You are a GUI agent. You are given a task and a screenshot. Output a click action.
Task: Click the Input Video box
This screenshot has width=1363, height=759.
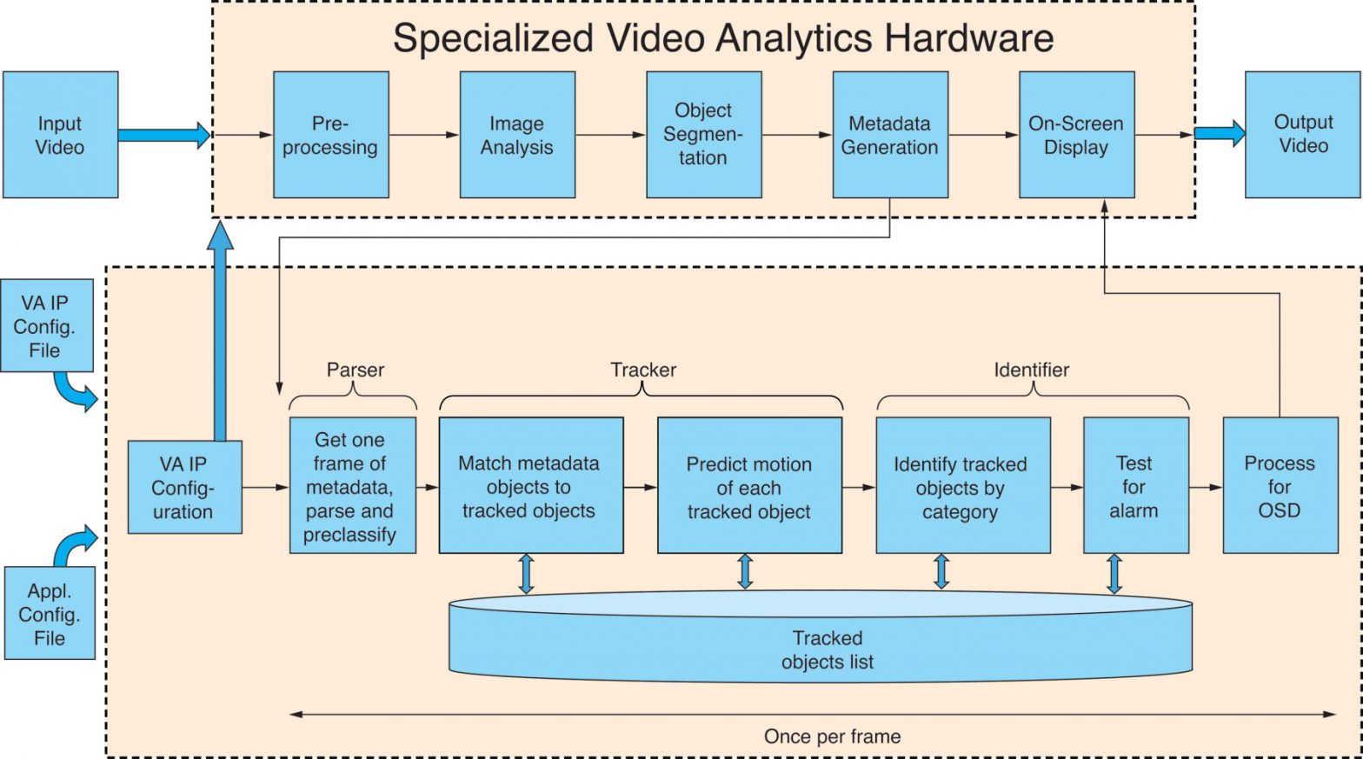click(60, 135)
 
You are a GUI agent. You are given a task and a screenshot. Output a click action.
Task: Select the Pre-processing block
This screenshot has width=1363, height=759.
click(330, 135)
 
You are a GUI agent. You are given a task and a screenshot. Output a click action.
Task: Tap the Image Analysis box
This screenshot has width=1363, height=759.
click(517, 135)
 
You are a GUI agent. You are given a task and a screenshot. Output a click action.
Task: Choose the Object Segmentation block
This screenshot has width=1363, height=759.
click(703, 135)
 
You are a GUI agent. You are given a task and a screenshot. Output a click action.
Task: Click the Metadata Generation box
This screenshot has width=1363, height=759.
click(889, 135)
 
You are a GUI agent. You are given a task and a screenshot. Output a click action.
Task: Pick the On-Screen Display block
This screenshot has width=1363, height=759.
click(1076, 135)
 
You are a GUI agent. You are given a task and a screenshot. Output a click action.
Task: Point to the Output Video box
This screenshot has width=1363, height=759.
click(1302, 135)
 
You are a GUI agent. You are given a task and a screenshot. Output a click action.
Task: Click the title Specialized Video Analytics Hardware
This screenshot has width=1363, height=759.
click(722, 38)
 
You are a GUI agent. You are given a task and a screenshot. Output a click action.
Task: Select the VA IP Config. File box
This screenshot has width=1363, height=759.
click(46, 325)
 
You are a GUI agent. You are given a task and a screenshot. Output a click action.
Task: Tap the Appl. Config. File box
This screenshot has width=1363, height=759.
click(50, 613)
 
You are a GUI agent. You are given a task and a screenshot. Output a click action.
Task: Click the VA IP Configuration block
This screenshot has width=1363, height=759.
click(184, 487)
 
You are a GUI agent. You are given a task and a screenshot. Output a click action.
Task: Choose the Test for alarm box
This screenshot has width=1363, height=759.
click(1135, 485)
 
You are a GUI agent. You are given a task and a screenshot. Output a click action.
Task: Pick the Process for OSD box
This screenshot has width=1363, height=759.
click(1280, 485)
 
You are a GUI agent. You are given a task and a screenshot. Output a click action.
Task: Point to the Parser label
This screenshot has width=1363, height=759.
click(355, 370)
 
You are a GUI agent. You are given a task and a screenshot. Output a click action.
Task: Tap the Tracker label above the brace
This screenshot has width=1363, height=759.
click(642, 370)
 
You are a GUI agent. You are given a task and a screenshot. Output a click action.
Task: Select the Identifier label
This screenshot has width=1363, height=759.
click(1031, 370)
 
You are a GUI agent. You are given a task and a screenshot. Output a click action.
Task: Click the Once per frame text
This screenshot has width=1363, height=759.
click(832, 736)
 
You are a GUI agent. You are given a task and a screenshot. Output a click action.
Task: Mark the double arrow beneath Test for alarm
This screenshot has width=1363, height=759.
click(1114, 574)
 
